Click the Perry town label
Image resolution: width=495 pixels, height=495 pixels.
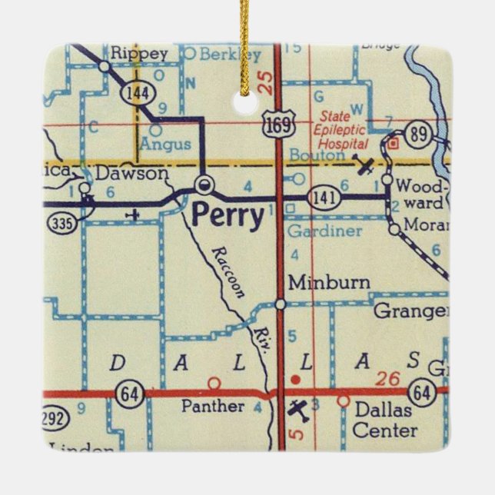tap(227, 215)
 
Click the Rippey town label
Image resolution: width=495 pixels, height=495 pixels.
tap(138, 54)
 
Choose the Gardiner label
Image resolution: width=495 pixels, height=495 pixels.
tap(323, 231)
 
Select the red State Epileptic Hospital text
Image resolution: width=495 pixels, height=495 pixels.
tap(343, 130)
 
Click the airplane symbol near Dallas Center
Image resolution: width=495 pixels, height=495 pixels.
tap(297, 410)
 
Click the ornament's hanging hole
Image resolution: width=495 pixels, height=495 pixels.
tap(247, 99)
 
